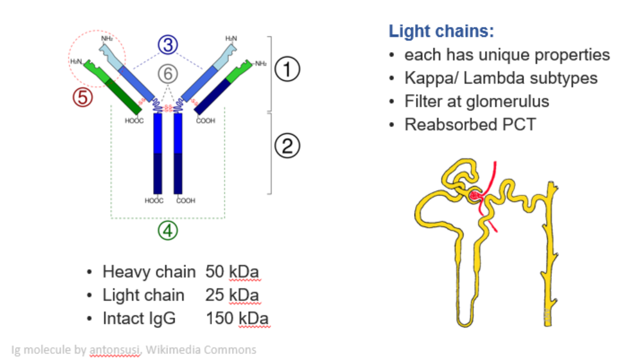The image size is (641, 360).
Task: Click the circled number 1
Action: click(287, 70)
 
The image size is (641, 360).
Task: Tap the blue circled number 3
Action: click(169, 44)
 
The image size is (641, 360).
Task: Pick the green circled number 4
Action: click(167, 231)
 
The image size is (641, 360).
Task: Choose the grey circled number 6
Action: click(168, 74)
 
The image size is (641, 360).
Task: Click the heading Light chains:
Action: click(441, 31)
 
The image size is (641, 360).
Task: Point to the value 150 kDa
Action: click(237, 318)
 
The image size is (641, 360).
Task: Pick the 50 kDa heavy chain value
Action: click(233, 272)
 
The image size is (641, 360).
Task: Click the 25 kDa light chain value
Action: click(233, 295)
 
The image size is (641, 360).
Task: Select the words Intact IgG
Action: click(139, 318)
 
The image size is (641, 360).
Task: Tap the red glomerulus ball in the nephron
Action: click(474, 196)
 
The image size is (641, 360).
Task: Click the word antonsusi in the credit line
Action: click(115, 350)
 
